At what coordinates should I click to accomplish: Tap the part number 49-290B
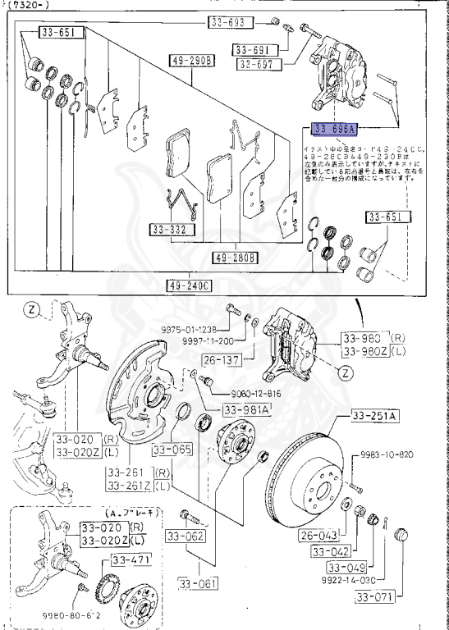(192, 61)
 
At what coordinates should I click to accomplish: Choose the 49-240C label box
(190, 285)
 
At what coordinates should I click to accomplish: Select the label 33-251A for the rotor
(375, 417)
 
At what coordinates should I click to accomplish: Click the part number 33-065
(171, 450)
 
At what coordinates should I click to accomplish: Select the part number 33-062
(186, 536)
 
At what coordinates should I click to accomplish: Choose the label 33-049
(346, 567)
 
